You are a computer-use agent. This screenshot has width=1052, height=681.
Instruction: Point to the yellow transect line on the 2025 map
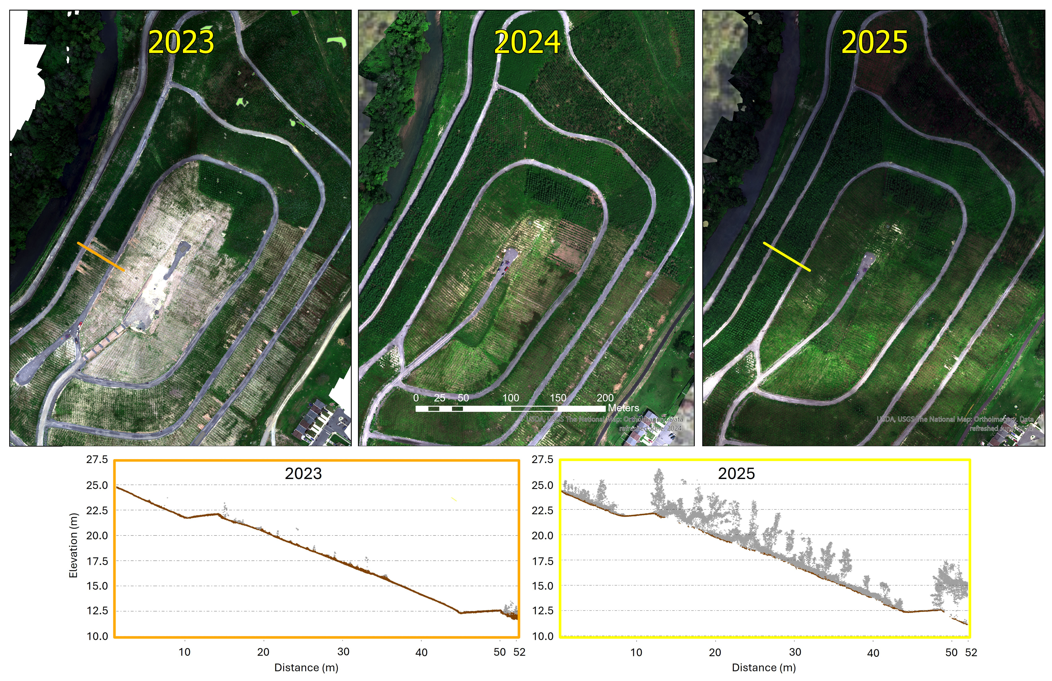coord(787,257)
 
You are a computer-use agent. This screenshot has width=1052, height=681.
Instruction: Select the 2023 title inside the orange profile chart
coord(303,474)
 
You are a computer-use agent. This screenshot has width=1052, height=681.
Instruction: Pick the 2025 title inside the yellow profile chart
coord(736,474)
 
